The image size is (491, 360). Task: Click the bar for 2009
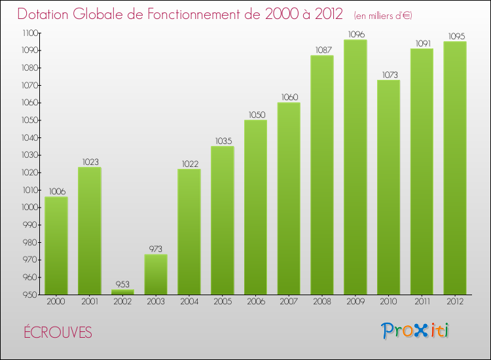pyautogui.click(x=355, y=167)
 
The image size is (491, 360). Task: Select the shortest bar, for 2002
pyautogui.click(x=122, y=292)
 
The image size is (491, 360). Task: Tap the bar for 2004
pyautogui.click(x=189, y=232)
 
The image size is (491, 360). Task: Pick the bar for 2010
pyautogui.click(x=388, y=187)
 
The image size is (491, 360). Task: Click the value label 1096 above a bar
pyautogui.click(x=355, y=35)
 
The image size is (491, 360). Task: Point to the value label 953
pyautogui.click(x=122, y=284)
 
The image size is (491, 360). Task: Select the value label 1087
pyautogui.click(x=322, y=50)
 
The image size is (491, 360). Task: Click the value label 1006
pyautogui.click(x=56, y=191)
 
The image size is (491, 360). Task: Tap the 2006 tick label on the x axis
pyautogui.click(x=255, y=302)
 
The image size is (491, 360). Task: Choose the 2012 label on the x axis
pyautogui.click(x=455, y=302)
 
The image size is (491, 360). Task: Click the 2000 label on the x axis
pyautogui.click(x=56, y=302)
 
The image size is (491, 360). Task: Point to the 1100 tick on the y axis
pyautogui.click(x=29, y=33)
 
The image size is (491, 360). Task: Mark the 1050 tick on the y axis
pyautogui.click(x=29, y=120)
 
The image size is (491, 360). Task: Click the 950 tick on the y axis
pyautogui.click(x=31, y=295)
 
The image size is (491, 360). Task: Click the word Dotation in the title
pyautogui.click(x=45, y=14)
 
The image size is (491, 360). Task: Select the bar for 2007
pyautogui.click(x=289, y=198)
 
